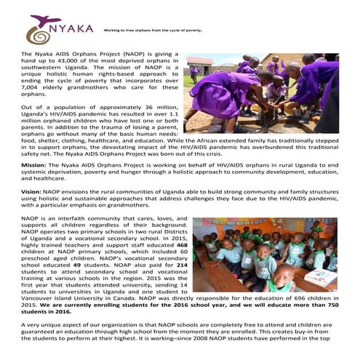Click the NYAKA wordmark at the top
point(75,28)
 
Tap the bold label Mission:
point(34,164)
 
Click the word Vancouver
point(36,300)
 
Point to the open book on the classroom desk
point(320,276)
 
